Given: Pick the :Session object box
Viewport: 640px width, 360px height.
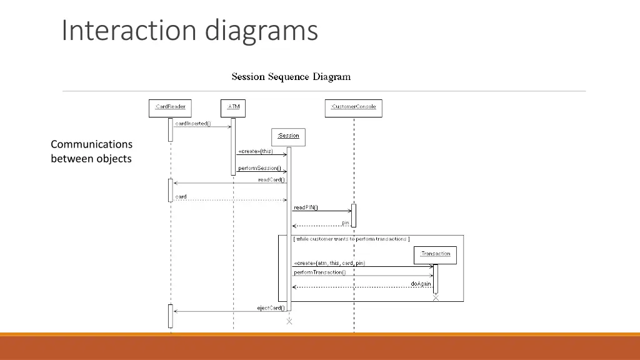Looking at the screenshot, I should coord(288,136).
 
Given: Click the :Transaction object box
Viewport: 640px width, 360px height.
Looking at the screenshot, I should coord(435,254).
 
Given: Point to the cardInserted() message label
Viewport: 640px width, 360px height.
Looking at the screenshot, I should coord(193,123).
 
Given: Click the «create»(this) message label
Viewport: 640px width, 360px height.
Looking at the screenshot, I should coord(255,151).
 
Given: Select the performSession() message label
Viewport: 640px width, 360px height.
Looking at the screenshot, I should coord(259,168).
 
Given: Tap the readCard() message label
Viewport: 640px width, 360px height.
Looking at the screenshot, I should coord(271,180).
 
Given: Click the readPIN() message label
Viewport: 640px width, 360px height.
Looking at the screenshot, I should coord(306,207).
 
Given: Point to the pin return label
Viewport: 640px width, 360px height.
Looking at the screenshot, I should coord(345,222).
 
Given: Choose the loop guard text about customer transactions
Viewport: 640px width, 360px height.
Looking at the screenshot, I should coord(351,239).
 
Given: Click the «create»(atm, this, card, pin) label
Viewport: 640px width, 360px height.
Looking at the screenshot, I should coord(329,263).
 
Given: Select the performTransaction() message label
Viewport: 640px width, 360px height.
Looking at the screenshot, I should coord(319,272).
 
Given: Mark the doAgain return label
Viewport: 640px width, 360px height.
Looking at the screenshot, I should coord(421,284).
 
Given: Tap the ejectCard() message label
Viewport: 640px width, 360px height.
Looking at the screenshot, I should coord(271,307).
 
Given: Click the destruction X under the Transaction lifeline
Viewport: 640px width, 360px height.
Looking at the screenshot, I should coord(436,298).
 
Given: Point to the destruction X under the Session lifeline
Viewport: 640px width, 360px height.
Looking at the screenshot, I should coord(289,321).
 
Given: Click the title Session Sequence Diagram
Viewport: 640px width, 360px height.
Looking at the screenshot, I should coord(291,77).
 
